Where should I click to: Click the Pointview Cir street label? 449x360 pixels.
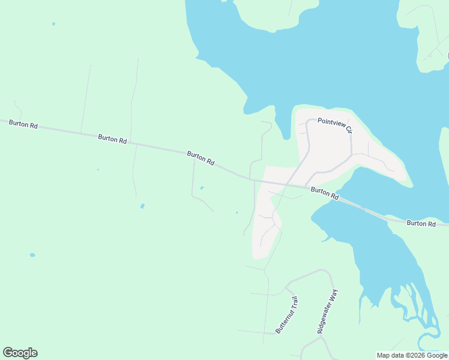(334, 125)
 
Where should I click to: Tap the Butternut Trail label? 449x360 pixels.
(287, 316)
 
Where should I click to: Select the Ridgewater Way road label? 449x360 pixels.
(328, 311)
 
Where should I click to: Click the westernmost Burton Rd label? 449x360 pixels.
(23, 124)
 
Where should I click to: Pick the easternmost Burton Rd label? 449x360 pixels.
(421, 223)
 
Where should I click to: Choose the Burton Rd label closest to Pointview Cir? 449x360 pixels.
(325, 193)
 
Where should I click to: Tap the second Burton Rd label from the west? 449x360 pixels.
(112, 139)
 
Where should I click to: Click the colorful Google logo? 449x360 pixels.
(20, 353)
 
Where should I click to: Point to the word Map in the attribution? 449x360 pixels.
(384, 355)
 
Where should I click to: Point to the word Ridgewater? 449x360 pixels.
(325, 318)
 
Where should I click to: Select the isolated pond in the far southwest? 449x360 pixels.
(32, 254)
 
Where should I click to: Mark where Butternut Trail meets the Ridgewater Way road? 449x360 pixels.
(287, 283)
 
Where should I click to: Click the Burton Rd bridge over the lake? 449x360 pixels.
(360, 208)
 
